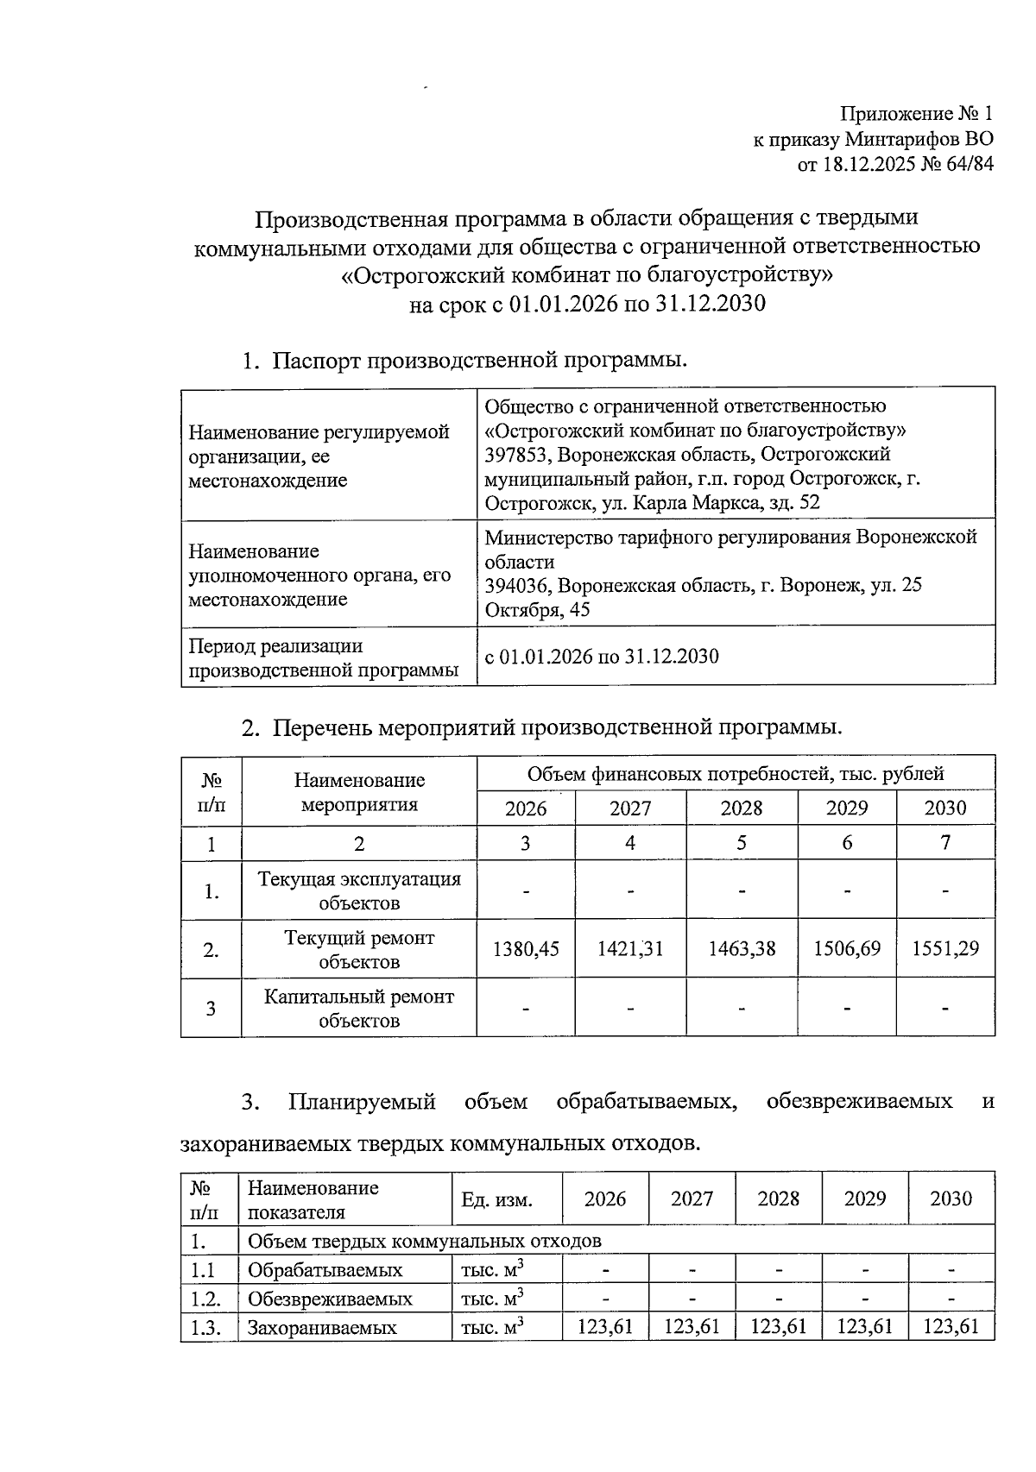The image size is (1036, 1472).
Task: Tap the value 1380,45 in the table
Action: point(526,949)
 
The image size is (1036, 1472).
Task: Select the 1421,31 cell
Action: point(630,949)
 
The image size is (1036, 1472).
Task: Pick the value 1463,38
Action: point(742,949)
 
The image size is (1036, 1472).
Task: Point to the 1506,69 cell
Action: point(847,949)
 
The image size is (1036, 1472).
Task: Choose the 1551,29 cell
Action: point(945,949)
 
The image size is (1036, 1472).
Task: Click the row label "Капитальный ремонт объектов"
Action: point(358,1008)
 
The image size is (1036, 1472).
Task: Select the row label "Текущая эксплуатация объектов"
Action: point(358,890)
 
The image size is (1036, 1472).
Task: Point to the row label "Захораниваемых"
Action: point(322,1328)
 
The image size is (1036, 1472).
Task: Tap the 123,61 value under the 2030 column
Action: point(951,1326)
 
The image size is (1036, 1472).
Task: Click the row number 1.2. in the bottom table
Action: point(205,1299)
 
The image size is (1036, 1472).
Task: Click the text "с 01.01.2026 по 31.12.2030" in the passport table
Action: point(602,657)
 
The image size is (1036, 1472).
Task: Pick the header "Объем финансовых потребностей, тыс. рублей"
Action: point(736,774)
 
